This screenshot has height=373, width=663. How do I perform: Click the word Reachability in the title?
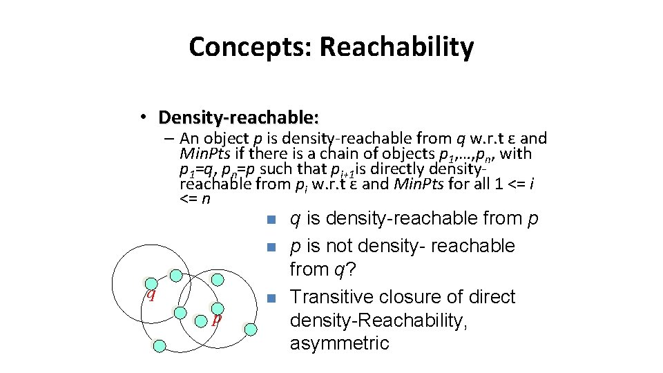[x=396, y=47]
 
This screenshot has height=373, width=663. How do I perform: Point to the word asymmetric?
[x=339, y=343]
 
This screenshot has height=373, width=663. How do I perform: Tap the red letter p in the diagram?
[x=216, y=318]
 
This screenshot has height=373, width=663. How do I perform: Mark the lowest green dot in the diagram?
[x=159, y=345]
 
